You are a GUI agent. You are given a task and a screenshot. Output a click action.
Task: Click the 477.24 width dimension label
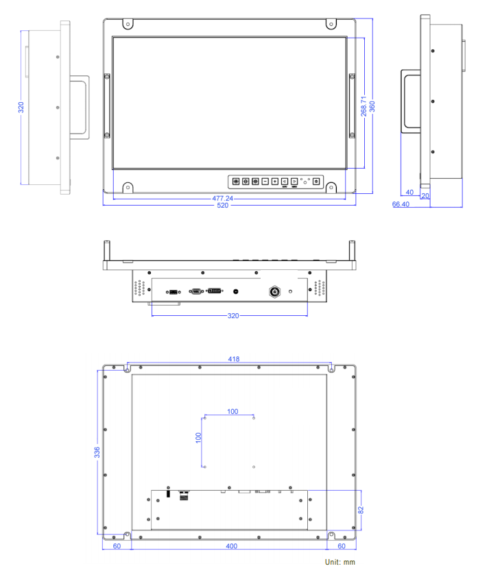tap(222, 198)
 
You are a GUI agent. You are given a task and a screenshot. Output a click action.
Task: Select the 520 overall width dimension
tap(222, 206)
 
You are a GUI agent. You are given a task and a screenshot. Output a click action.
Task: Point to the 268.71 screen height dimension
tap(363, 106)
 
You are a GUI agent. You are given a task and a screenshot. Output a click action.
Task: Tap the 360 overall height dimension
tap(372, 107)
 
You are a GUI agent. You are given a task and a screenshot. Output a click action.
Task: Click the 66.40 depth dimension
tap(401, 204)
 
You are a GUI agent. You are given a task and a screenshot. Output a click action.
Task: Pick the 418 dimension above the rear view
tap(234, 359)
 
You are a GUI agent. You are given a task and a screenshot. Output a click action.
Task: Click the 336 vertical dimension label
tap(97, 452)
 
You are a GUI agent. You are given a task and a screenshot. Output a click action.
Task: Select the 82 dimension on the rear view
tap(361, 510)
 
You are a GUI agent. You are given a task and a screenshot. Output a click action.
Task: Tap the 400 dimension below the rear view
tap(232, 546)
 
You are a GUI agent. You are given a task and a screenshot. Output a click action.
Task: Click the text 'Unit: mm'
tap(340, 562)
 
